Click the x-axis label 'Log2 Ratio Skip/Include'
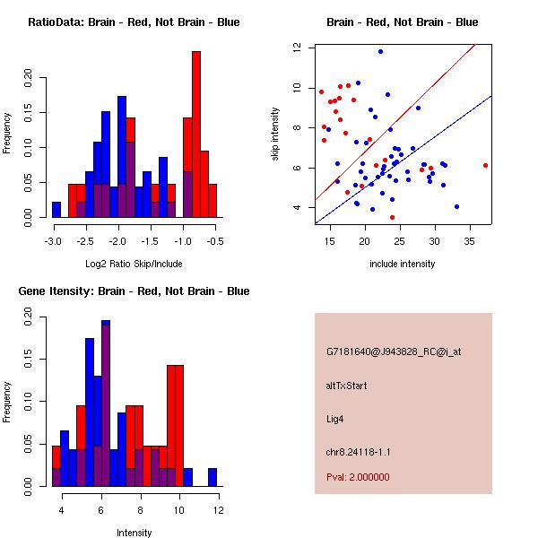pos(133,265)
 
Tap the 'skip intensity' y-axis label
pos(275,134)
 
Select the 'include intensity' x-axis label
pos(402,264)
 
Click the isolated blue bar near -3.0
pos(56,209)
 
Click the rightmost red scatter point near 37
pos(485,165)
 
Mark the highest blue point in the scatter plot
pos(380,51)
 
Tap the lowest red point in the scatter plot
pos(392,217)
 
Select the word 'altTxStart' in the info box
pos(346,386)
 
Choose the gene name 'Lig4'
pos(335,418)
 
